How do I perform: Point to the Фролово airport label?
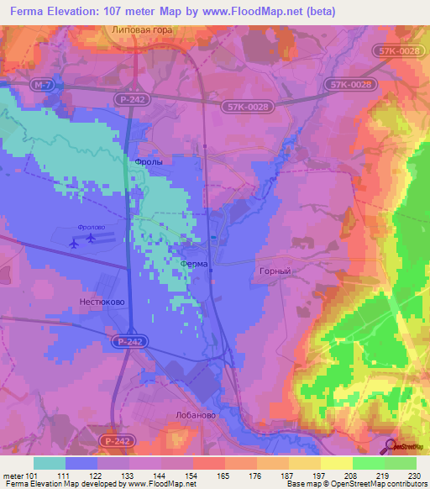88,226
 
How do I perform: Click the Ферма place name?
194,263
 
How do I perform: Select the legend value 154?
191,476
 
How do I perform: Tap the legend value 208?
351,476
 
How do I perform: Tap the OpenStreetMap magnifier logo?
391,446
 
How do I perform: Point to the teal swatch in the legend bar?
50,463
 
